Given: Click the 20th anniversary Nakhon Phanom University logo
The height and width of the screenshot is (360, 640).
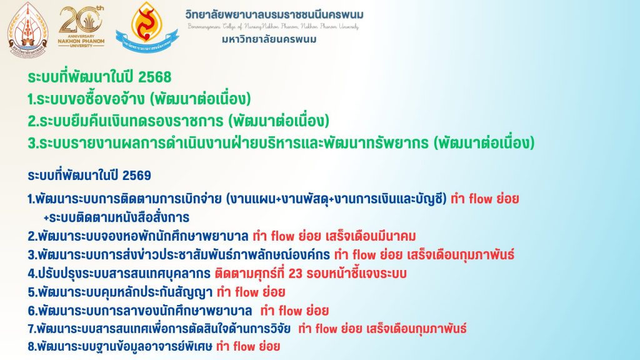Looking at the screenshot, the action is point(81,27).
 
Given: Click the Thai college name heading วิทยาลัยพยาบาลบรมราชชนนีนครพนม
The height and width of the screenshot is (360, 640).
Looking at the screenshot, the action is point(274,15).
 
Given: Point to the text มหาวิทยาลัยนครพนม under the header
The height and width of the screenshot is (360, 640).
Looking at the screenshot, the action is point(269,39).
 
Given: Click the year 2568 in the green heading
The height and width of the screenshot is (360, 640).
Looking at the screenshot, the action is point(155,77).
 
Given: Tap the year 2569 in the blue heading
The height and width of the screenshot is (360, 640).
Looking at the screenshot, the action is point(137,176).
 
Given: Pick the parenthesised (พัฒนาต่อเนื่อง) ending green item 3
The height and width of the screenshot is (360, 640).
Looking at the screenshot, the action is point(484,143).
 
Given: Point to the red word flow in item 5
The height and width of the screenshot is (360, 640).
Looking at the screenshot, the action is point(247,292).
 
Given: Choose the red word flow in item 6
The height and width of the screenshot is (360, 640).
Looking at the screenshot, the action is point(291,311).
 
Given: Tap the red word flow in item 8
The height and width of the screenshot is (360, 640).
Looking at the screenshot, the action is point(244,347).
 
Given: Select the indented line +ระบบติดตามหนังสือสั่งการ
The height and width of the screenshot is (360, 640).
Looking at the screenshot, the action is point(116,217).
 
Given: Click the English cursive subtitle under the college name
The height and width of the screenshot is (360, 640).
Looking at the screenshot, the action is point(273,27).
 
